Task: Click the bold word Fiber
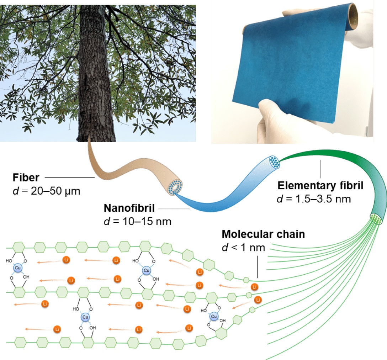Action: point(26,178)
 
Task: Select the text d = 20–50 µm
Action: point(46,191)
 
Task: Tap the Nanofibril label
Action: point(129,208)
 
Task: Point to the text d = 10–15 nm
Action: point(137,222)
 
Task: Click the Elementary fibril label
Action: point(320,186)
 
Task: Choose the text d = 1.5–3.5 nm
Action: point(314,199)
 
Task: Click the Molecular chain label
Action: point(263,234)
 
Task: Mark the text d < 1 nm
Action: point(243,247)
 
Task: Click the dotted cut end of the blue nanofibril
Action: point(274,162)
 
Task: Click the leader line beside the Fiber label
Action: point(70,177)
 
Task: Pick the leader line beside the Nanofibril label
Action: point(174,209)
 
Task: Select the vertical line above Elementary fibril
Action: point(321,169)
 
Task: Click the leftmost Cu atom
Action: point(18,268)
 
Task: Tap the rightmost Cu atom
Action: point(214,316)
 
